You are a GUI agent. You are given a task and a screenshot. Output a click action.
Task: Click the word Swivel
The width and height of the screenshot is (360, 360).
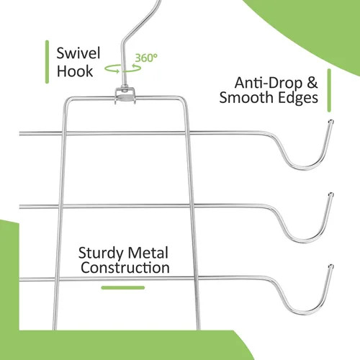pyautogui.click(x=78, y=53)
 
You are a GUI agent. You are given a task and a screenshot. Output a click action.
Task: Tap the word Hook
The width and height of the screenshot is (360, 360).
pyautogui.click(x=75, y=71)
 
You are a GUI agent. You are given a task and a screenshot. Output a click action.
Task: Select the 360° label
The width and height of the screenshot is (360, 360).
pyautogui.click(x=146, y=58)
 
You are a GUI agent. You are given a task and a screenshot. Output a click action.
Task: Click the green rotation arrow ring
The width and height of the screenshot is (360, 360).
pyautogui.click(x=123, y=68)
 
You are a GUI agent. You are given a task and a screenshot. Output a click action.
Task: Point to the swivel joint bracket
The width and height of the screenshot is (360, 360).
pyautogui.click(x=125, y=96)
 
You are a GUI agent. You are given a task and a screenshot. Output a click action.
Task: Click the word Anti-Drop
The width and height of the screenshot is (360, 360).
pyautogui.click(x=269, y=83)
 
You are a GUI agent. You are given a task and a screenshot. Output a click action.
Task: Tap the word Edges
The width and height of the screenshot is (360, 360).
pyautogui.click(x=297, y=98)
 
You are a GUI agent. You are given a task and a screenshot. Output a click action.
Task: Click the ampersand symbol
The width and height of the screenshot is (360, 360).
pyautogui.click(x=312, y=83)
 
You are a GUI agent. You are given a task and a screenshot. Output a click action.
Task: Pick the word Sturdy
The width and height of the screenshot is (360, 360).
pyautogui.click(x=101, y=253)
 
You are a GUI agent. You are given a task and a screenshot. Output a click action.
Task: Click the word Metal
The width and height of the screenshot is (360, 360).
pyautogui.click(x=148, y=253)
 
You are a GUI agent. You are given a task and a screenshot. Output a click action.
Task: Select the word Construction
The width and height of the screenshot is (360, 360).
pyautogui.click(x=125, y=268)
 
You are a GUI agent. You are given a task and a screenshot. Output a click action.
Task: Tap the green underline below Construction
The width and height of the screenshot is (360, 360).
pyautogui.click(x=123, y=287)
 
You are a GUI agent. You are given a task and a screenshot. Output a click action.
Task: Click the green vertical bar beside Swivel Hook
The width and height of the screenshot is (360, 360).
pyautogui.click(x=47, y=62)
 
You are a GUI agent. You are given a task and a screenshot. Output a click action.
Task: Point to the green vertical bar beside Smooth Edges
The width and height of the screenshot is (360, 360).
pyautogui.click(x=329, y=91)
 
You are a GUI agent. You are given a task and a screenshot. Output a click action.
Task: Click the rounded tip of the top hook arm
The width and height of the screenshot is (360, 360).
pyautogui.click(x=331, y=122)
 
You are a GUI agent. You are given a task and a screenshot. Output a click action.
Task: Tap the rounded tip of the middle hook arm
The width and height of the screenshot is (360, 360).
pyautogui.click(x=331, y=194)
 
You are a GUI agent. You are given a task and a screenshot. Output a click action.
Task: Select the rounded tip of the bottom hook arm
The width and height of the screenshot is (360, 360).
pyautogui.click(x=331, y=266)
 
